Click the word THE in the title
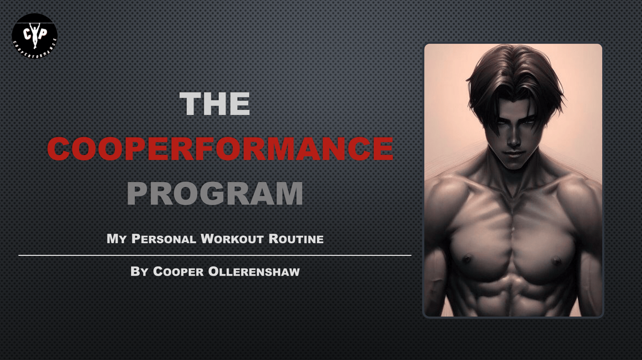pos(215,104)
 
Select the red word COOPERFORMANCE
pos(220,149)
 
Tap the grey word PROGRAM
pos(215,193)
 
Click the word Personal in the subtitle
pos(163,239)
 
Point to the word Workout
pos(232,239)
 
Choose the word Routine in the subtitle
pos(296,239)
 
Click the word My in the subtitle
pos(116,239)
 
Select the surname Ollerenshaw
pos(254,271)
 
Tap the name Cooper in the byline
pos(178,271)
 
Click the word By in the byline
pos(139,271)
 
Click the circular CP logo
pos(35,36)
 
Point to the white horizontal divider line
pos(215,255)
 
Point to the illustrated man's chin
pos(514,165)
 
